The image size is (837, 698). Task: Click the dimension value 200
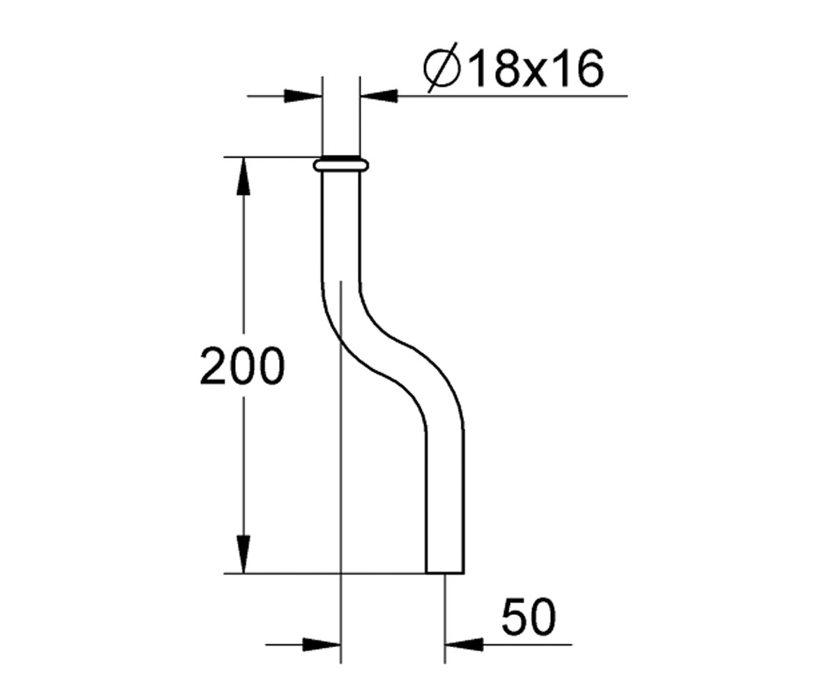242,366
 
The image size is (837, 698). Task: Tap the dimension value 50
529,616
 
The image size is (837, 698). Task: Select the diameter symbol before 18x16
441,68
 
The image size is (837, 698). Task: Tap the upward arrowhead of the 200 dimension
243,176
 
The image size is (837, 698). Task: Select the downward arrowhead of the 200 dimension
243,554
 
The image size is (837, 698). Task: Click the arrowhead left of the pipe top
303,96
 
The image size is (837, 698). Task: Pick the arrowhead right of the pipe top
379,96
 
